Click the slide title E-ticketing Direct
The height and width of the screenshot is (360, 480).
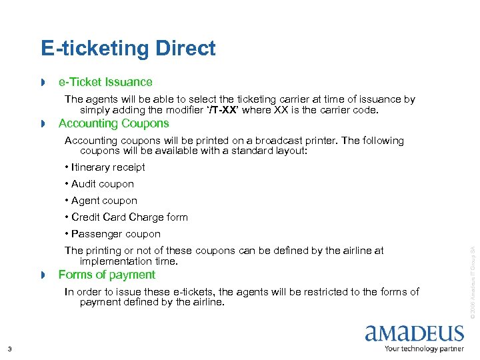(x=128, y=49)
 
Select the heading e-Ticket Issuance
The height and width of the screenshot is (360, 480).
(x=105, y=82)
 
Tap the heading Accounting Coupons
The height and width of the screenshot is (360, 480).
(x=113, y=123)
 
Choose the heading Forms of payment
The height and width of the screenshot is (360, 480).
(x=107, y=275)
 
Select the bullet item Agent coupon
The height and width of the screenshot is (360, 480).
(x=101, y=201)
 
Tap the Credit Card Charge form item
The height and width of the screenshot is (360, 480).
(x=126, y=217)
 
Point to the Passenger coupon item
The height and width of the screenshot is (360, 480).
(x=113, y=234)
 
